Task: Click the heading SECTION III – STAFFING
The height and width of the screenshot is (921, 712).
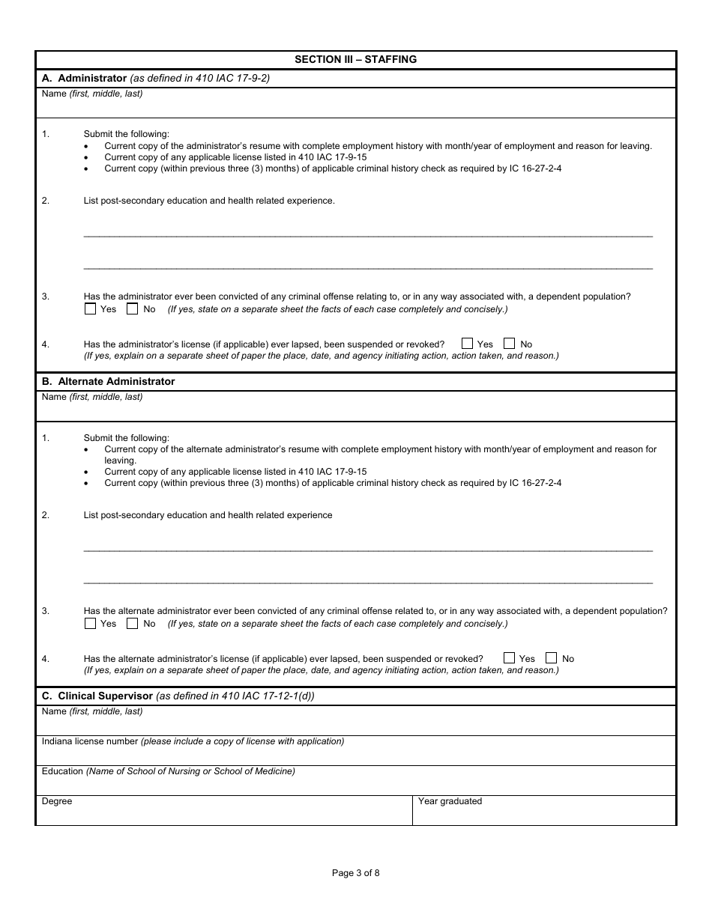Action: click(355, 59)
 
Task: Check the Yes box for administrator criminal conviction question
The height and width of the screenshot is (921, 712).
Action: click(91, 308)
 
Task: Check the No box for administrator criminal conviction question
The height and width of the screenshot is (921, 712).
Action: click(132, 308)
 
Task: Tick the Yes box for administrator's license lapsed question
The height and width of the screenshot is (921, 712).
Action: click(468, 344)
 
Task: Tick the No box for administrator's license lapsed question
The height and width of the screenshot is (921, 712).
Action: click(510, 344)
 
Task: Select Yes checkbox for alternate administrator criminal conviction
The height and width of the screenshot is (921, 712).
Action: click(91, 623)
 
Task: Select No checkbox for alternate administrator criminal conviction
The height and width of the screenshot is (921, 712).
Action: click(132, 623)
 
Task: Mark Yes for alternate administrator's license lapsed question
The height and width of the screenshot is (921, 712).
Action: click(510, 658)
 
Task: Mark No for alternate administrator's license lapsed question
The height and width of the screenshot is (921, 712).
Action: click(552, 658)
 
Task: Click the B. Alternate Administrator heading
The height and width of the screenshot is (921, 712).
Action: click(108, 381)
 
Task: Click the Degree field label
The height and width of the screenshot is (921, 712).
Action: click(57, 801)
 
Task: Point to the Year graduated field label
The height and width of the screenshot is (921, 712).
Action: click(450, 801)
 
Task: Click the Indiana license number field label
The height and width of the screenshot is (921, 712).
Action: click(90, 741)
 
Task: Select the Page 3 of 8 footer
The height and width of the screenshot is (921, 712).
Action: click(356, 872)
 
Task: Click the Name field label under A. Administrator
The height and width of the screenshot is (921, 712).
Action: click(54, 94)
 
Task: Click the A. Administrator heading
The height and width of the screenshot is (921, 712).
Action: click(84, 78)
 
